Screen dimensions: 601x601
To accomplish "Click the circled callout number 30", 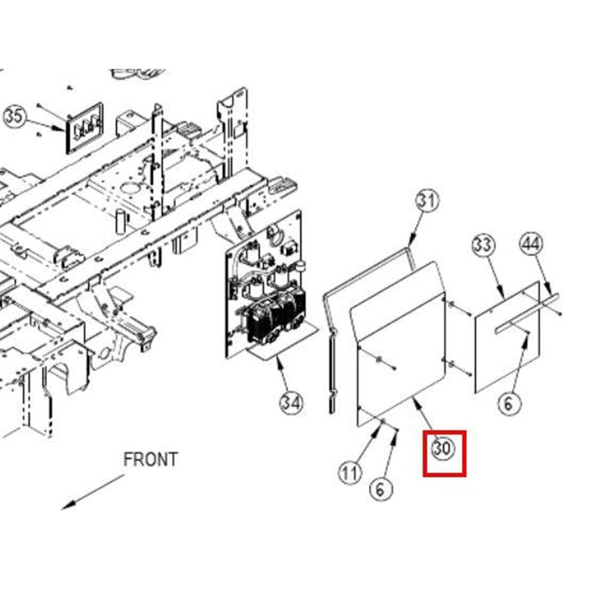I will [x=443, y=448].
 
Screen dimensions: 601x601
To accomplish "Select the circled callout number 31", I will [x=427, y=201].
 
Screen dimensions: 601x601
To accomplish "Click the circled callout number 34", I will [x=291, y=403].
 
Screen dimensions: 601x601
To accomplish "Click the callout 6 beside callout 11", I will [x=380, y=489].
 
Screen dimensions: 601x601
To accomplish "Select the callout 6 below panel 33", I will [x=508, y=403].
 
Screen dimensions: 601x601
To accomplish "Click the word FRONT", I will [x=150, y=460].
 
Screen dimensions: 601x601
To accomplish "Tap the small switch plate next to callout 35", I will [x=84, y=127].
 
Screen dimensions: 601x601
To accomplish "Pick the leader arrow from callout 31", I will [x=416, y=231].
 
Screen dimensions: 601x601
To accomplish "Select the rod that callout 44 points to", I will [x=527, y=310].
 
